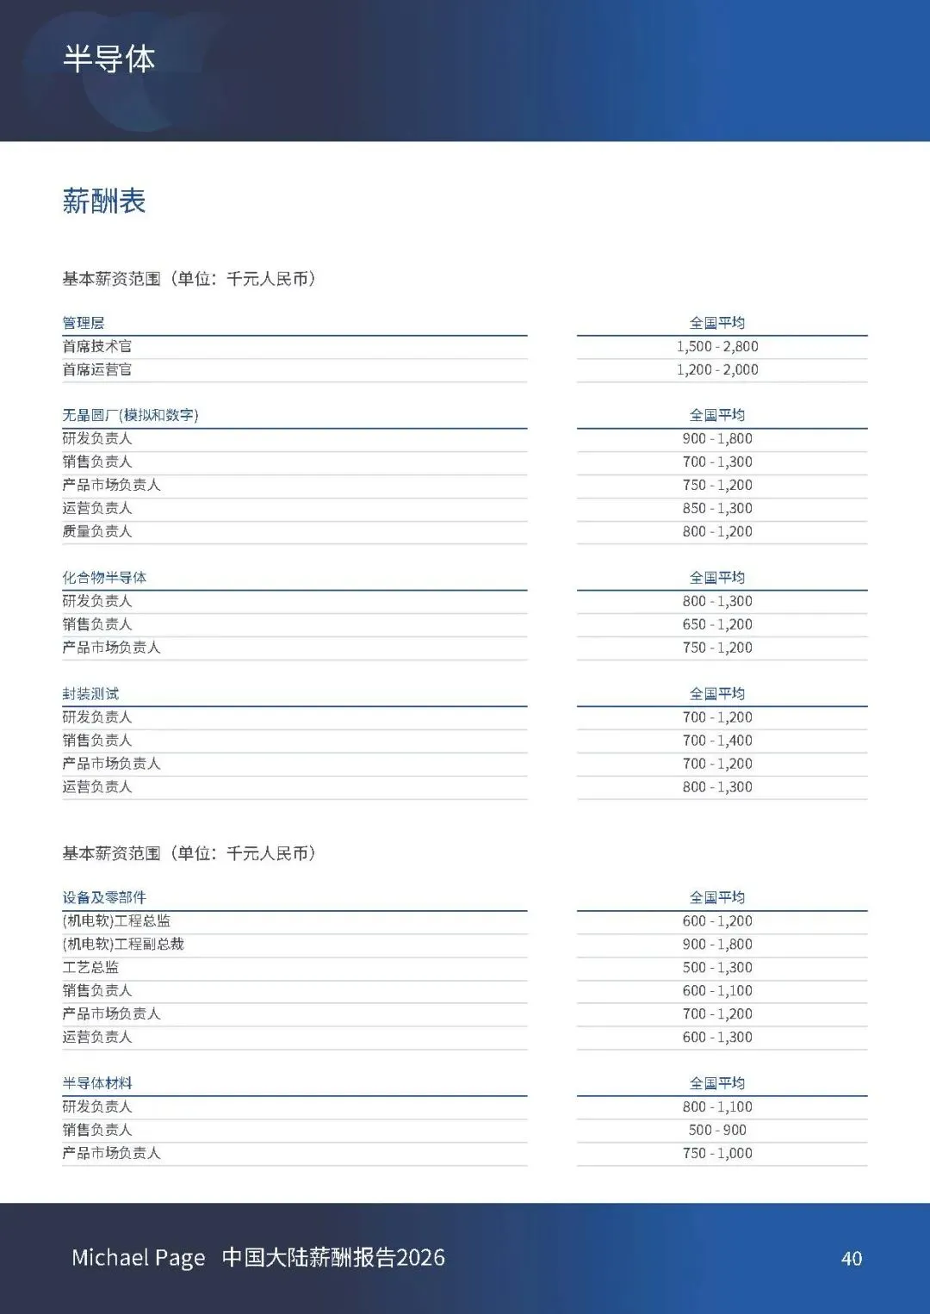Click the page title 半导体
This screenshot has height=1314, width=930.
[x=108, y=59]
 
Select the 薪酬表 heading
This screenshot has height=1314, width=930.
[x=104, y=201]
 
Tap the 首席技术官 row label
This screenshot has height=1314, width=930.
[x=97, y=346]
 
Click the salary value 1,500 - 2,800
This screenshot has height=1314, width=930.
[x=717, y=346]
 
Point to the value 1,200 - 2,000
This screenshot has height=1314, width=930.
[x=717, y=369]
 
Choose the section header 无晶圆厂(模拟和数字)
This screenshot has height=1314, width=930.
[x=130, y=415]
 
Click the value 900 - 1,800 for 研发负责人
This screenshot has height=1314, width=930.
[x=717, y=438]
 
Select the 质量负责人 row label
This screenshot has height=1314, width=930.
[x=97, y=531]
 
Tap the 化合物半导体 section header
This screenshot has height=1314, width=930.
[x=104, y=577]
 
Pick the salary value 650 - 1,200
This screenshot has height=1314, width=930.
[x=717, y=624]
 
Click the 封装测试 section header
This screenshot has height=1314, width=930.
[x=90, y=693]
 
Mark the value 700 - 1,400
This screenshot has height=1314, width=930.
[x=717, y=741]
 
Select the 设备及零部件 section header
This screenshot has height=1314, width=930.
[x=104, y=897]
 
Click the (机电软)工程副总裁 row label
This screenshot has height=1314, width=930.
[x=123, y=944]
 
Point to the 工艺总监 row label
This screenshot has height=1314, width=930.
[x=90, y=967]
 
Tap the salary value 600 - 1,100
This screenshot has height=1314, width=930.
[x=717, y=991]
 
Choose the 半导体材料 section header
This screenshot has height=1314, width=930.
[x=97, y=1083]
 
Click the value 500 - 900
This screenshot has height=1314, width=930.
[x=717, y=1130]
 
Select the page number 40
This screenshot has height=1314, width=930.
[x=852, y=1259]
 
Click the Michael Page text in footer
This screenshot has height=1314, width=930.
[x=139, y=1258]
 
